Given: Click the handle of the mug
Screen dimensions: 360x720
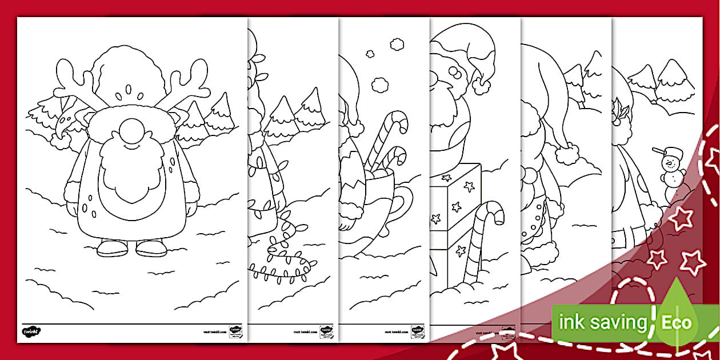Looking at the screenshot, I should [x=402, y=203].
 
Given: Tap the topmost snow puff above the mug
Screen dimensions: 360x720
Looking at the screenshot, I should [x=396, y=43].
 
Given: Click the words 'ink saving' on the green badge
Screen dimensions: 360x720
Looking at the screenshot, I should [x=602, y=323].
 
